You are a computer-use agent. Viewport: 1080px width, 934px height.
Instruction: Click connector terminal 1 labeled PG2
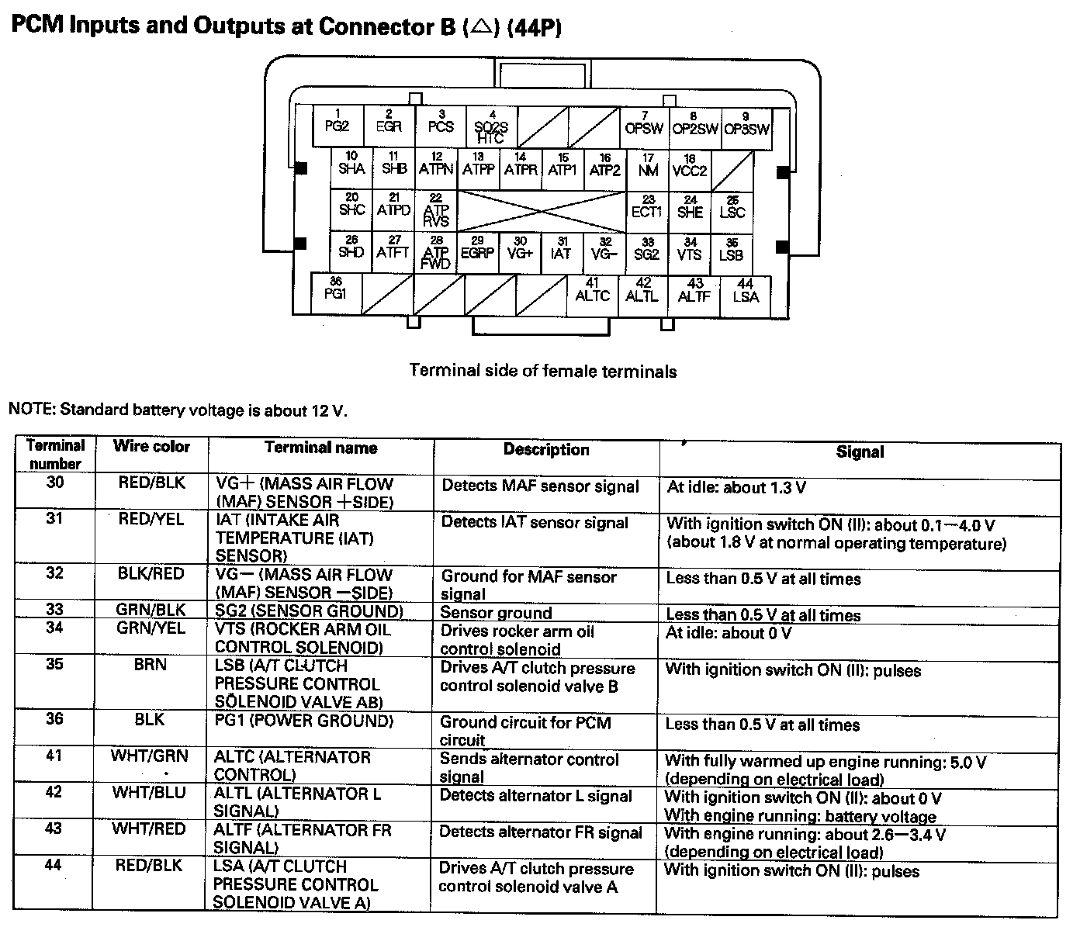point(337,125)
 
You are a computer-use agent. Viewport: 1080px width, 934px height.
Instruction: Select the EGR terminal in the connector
point(389,125)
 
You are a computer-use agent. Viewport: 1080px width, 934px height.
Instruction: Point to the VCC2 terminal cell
point(690,168)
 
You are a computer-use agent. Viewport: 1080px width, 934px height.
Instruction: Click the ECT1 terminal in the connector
point(648,209)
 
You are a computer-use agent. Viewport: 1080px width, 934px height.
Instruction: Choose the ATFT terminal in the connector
point(393,251)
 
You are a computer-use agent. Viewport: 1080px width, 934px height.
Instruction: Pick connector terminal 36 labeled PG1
point(336,292)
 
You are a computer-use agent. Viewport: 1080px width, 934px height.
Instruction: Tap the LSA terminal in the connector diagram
point(746,294)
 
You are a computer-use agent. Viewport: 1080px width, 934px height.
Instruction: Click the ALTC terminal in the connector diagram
point(593,293)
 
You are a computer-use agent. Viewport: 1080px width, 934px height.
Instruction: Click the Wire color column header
point(151,447)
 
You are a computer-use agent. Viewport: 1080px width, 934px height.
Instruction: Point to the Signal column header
point(860,452)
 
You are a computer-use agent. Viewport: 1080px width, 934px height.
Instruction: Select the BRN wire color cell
point(151,665)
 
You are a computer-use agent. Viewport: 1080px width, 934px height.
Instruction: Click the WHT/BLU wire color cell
point(149,793)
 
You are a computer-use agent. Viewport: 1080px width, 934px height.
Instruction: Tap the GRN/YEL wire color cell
point(151,628)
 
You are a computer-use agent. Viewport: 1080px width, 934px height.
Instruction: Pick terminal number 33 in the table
point(54,610)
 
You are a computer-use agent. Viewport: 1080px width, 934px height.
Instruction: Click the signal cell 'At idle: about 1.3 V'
point(736,488)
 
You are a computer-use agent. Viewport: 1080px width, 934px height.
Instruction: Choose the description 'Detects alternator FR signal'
point(540,832)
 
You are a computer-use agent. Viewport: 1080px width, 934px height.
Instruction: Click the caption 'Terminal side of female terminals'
point(542,372)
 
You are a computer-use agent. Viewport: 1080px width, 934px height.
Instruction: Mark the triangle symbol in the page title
point(480,28)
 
